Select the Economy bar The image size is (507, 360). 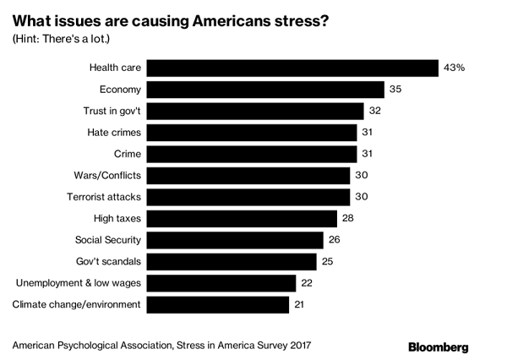click(267, 89)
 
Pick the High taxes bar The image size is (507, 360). click(247, 218)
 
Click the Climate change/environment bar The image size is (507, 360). click(219, 304)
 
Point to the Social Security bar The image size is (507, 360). click(239, 240)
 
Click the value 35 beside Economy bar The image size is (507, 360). click(395, 89)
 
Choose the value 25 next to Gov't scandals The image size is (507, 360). click(329, 261)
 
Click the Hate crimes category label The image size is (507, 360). click(115, 132)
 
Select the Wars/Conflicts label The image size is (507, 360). click(108, 175)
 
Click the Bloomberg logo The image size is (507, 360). click(438, 346)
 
